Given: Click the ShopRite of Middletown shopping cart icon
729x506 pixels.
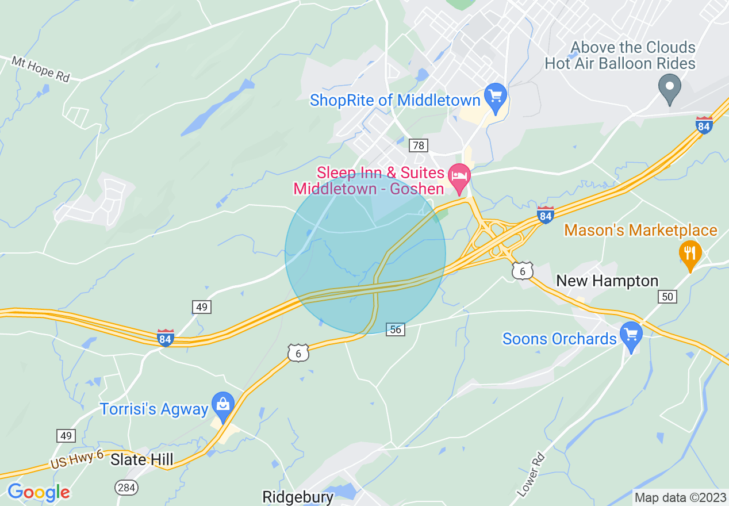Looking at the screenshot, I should tap(495, 93).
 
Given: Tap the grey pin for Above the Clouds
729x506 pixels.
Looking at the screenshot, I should tap(669, 87).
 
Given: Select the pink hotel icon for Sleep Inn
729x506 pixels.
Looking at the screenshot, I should tap(459, 174).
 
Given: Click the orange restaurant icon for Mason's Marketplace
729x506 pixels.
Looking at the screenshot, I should tap(690, 253).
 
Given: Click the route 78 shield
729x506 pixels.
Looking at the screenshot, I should tap(419, 145).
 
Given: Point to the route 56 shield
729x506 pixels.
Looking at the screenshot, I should tap(396, 329).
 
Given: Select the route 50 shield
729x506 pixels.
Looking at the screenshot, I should tap(668, 297).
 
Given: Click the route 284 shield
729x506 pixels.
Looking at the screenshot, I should tap(126, 488).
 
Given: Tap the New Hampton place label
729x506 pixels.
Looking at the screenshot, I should tap(607, 281).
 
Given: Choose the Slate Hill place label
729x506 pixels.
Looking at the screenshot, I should tap(141, 460).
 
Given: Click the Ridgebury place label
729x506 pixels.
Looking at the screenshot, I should tap(298, 497).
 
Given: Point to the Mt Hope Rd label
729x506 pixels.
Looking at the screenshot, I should tap(40, 68).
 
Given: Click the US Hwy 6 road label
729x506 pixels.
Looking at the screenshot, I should tap(76, 459).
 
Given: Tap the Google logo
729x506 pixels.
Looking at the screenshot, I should tap(38, 492).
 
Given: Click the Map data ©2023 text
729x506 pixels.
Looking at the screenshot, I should tap(680, 497).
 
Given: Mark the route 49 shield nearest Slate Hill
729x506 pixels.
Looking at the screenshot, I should tap(66, 436).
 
